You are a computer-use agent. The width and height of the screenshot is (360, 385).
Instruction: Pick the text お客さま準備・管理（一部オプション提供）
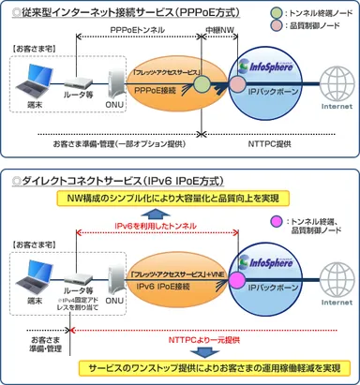(x=117, y=145)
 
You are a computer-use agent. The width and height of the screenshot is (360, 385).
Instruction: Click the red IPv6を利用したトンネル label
(x=161, y=225)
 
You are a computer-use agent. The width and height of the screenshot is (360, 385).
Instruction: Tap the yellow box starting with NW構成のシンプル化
(x=181, y=198)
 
